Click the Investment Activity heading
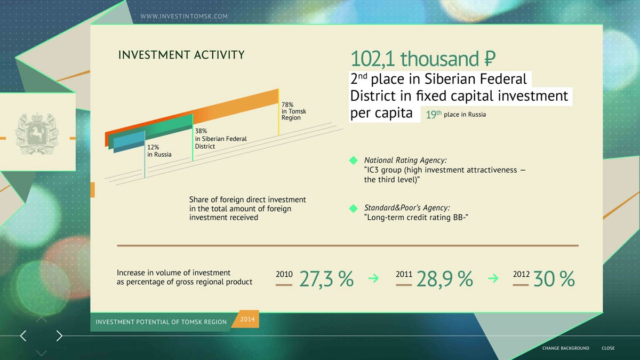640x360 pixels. [181, 54]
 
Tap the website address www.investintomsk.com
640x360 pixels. [184, 17]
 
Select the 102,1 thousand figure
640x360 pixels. [423, 59]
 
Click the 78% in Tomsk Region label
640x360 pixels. [294, 111]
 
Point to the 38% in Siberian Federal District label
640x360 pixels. [221, 139]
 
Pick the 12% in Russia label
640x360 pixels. [159, 151]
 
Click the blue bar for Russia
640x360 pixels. [129, 142]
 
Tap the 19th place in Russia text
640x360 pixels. [455, 114]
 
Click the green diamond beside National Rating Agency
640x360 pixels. [354, 161]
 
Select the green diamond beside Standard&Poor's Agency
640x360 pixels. [354, 209]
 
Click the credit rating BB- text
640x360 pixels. [416, 218]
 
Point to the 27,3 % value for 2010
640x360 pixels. [326, 279]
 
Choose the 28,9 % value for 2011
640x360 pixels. [445, 279]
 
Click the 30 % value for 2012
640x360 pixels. [554, 279]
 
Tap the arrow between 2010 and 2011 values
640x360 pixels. [373, 278]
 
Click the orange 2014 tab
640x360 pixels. [246, 319]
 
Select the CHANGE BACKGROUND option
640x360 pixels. [566, 348]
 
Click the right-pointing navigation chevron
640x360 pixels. [59, 335]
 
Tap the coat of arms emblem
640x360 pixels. [37, 133]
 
